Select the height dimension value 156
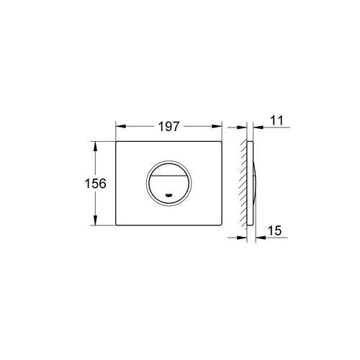tap(95, 184)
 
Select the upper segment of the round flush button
tap(171, 170)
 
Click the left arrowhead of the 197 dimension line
tap(119, 127)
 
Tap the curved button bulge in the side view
tap(254, 184)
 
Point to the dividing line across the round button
tap(171, 180)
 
